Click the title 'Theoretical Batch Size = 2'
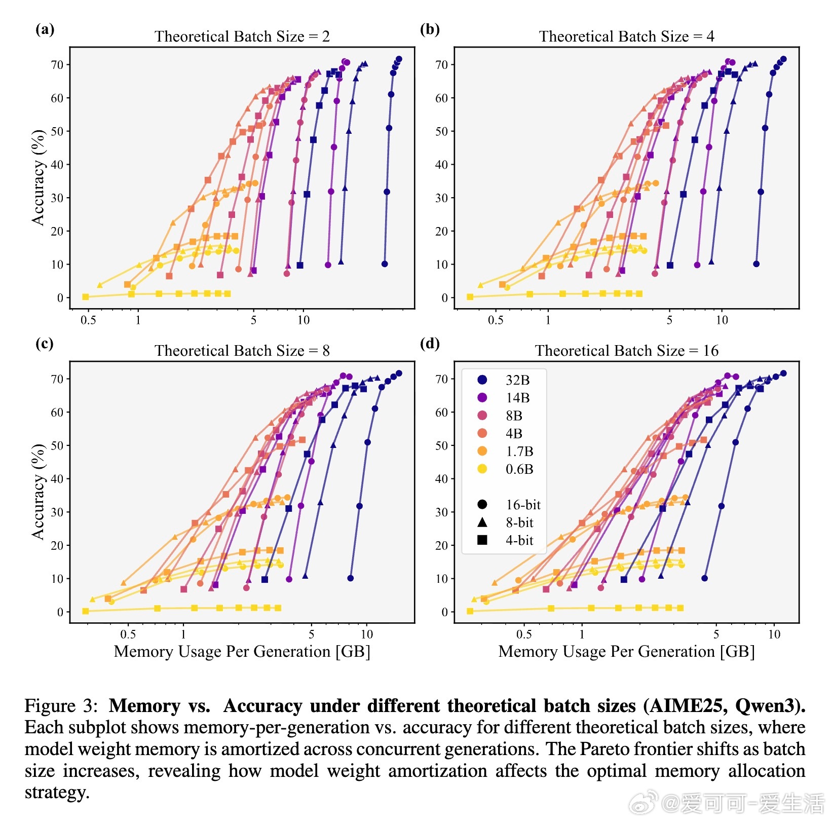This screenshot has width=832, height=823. click(242, 36)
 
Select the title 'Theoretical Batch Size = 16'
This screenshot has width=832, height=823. click(626, 351)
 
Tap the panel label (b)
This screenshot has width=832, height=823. click(430, 29)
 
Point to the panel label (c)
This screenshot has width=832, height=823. click(45, 344)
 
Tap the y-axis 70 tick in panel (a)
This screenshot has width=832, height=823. click(57, 65)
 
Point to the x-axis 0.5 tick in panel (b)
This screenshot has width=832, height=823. click(496, 320)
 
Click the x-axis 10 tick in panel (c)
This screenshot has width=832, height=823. click(366, 634)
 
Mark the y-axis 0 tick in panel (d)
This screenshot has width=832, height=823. click(444, 612)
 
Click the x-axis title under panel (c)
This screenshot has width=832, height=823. click(242, 652)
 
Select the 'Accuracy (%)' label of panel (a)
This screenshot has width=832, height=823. click(39, 177)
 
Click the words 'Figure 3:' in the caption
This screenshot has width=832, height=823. click(61, 706)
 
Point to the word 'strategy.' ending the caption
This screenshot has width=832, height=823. click(57, 792)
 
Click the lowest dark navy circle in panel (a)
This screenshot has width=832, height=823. click(385, 264)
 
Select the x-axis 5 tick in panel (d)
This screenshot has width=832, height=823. click(716, 634)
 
